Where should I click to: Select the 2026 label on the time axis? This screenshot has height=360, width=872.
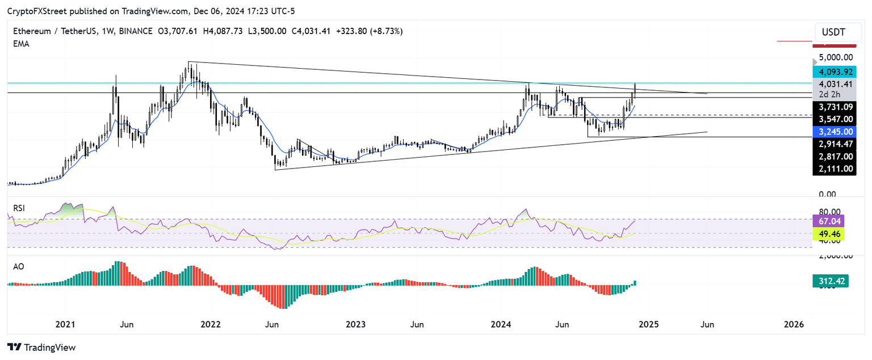click(x=794, y=324)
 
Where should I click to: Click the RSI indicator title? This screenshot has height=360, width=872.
click(x=19, y=208)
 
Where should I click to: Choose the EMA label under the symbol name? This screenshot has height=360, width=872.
click(x=21, y=44)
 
